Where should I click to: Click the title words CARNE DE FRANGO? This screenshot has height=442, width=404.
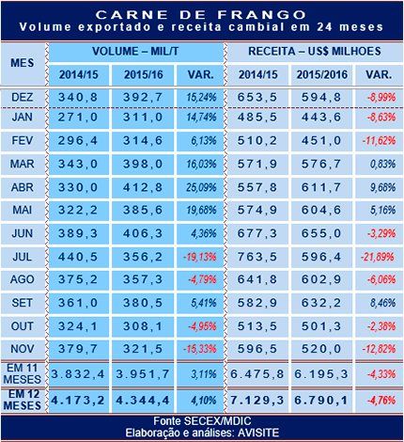pyautogui.click(x=201, y=14)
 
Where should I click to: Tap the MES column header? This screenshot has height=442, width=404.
pyautogui.click(x=23, y=63)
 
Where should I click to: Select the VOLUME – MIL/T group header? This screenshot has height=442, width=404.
pyautogui.click(x=135, y=52)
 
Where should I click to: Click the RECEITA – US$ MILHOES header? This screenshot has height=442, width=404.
pyautogui.click(x=315, y=51)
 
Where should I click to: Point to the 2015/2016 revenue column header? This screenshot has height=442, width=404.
pyautogui.click(x=322, y=74)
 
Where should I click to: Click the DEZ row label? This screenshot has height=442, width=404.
pyautogui.click(x=23, y=97)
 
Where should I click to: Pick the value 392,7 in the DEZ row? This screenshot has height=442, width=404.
pyautogui.click(x=143, y=97)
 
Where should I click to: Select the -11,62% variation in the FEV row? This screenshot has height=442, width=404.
pyautogui.click(x=379, y=140)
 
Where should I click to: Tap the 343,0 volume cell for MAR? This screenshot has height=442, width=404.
pyautogui.click(x=78, y=164)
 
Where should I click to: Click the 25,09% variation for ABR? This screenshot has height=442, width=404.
pyautogui.click(x=201, y=187)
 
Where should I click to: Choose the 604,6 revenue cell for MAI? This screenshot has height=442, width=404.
pyautogui.click(x=321, y=210)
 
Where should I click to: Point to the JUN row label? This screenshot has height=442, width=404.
pyautogui.click(x=23, y=233)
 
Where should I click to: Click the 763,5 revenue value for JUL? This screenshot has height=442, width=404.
pyautogui.click(x=257, y=257)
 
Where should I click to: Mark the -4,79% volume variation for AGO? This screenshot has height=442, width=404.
pyautogui.click(x=202, y=279)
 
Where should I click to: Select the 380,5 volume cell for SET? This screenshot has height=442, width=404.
pyautogui.click(x=143, y=303)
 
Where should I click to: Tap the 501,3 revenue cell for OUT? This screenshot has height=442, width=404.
pyautogui.click(x=321, y=326)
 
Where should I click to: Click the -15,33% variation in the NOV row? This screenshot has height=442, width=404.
pyautogui.click(x=200, y=349)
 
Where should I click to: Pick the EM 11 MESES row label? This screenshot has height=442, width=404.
pyautogui.click(x=23, y=373)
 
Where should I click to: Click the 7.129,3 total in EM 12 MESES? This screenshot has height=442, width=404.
pyautogui.click(x=257, y=401)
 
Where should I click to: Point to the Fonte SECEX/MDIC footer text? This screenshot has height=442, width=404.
pyautogui.click(x=202, y=420)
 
